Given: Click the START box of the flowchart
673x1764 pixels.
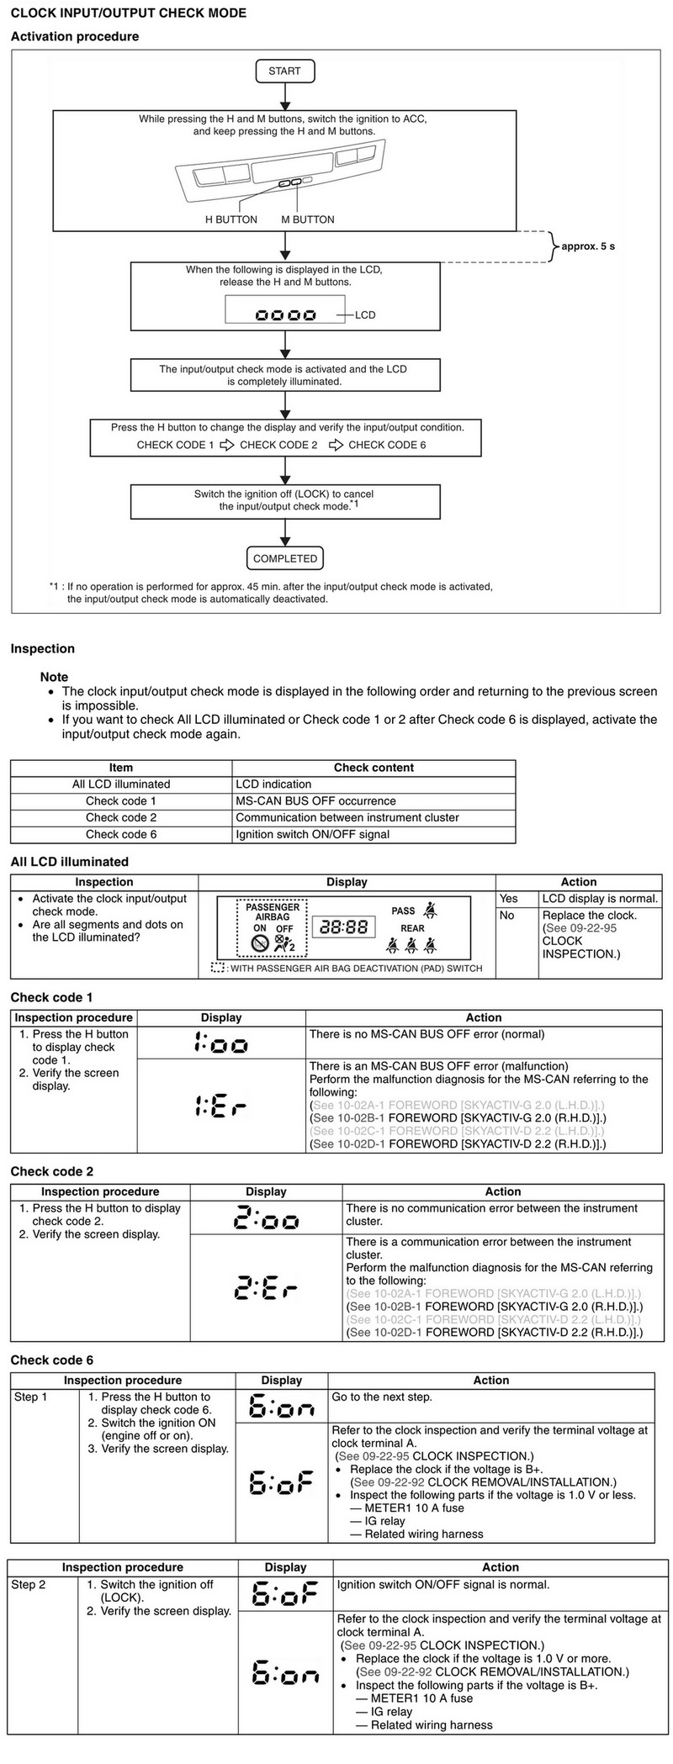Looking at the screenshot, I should [284, 71].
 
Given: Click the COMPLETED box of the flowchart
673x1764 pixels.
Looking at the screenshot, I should [285, 558].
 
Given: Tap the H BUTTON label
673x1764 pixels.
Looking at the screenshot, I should [231, 219].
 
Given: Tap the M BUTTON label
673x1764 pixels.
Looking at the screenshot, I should [308, 219].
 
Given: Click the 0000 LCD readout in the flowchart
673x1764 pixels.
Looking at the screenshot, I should [286, 315].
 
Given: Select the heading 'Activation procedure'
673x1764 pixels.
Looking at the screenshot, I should [74, 37].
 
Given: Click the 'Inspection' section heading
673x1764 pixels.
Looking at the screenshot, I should [42, 649].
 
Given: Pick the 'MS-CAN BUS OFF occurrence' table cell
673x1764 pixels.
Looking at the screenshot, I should [315, 801].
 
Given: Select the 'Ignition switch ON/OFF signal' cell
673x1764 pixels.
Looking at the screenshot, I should [312, 834].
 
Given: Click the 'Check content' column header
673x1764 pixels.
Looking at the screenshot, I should [374, 768].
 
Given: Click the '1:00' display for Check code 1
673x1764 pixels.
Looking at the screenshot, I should [221, 1043].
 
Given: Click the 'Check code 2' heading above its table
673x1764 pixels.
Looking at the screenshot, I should [51, 1171].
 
